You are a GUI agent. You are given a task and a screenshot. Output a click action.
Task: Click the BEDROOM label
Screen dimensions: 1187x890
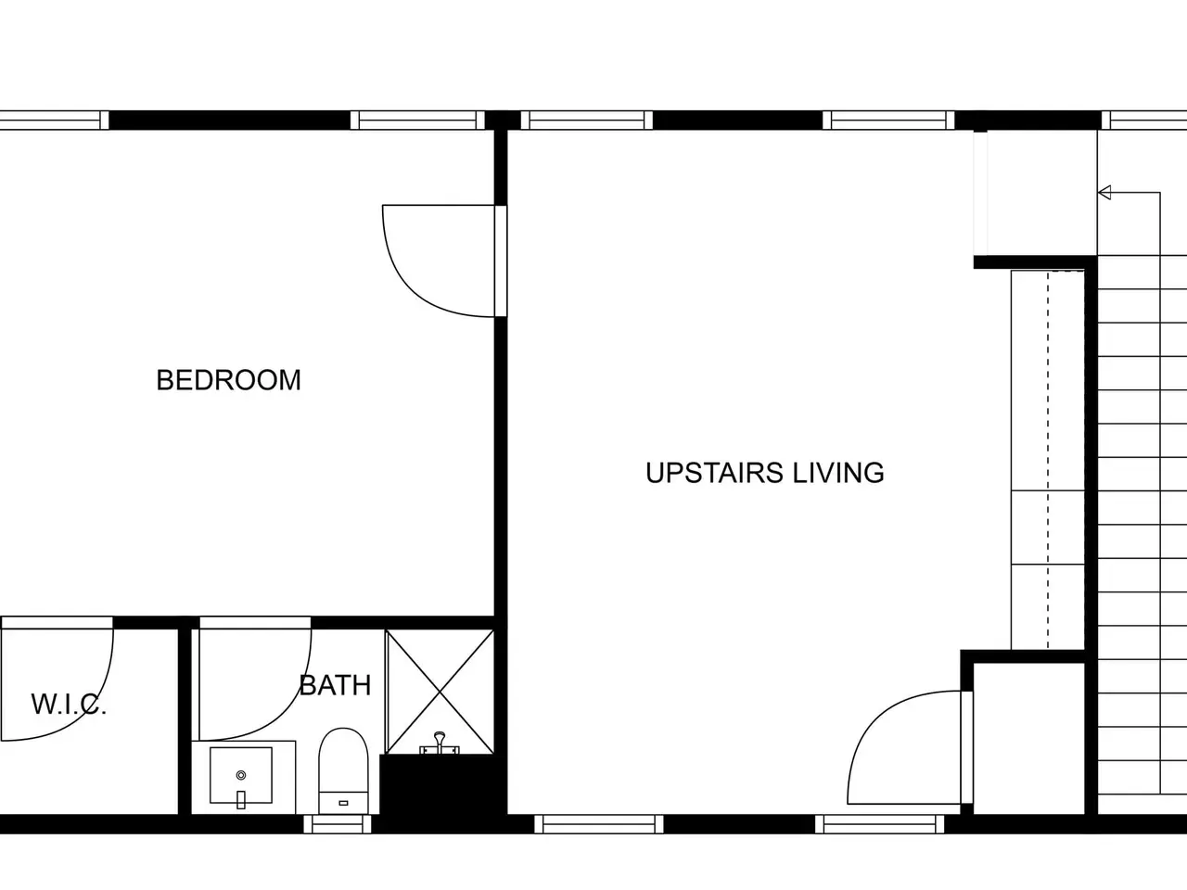pyautogui.click(x=228, y=380)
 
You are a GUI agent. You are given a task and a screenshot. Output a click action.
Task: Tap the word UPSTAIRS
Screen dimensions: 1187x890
pyautogui.click(x=714, y=472)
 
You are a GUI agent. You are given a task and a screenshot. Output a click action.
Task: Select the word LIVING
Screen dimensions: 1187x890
pyautogui.click(x=838, y=472)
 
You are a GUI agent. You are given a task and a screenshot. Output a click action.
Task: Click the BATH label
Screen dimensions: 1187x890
pyautogui.click(x=335, y=685)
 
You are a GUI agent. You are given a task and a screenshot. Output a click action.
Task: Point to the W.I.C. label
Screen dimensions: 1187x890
pyautogui.click(x=69, y=704)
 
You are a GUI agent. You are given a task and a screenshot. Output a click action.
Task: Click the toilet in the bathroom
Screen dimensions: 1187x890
pyautogui.click(x=343, y=771)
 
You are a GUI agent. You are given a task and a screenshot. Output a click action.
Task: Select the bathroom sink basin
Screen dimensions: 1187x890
pyautogui.click(x=240, y=775)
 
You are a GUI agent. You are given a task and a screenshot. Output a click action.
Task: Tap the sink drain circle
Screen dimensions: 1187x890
pyautogui.click(x=241, y=775)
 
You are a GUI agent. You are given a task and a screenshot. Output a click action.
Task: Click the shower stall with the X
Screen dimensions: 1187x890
pyautogui.click(x=440, y=692)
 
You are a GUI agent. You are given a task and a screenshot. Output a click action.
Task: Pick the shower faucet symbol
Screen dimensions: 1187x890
pyautogui.click(x=440, y=743)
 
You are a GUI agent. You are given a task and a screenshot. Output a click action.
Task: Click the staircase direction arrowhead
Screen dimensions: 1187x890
pyautogui.click(x=1104, y=193)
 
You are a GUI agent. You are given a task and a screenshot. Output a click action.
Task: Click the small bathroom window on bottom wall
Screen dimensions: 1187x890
pyautogui.click(x=338, y=824)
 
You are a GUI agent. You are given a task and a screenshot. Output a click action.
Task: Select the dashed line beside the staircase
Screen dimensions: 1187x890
pyautogui.click(x=1048, y=460)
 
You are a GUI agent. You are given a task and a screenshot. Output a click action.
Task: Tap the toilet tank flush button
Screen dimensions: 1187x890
pyautogui.click(x=343, y=804)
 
